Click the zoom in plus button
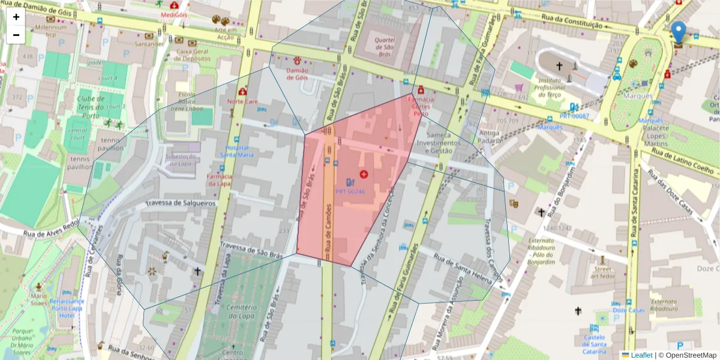coord(16,17)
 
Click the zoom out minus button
coord(16,35)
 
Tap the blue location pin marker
coord(679,32)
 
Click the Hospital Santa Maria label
coord(236,151)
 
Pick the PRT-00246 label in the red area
coord(350,192)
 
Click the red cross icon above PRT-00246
coord(363,174)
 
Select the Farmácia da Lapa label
coord(220,180)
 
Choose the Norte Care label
coord(242,101)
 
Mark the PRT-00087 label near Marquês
coord(574,116)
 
